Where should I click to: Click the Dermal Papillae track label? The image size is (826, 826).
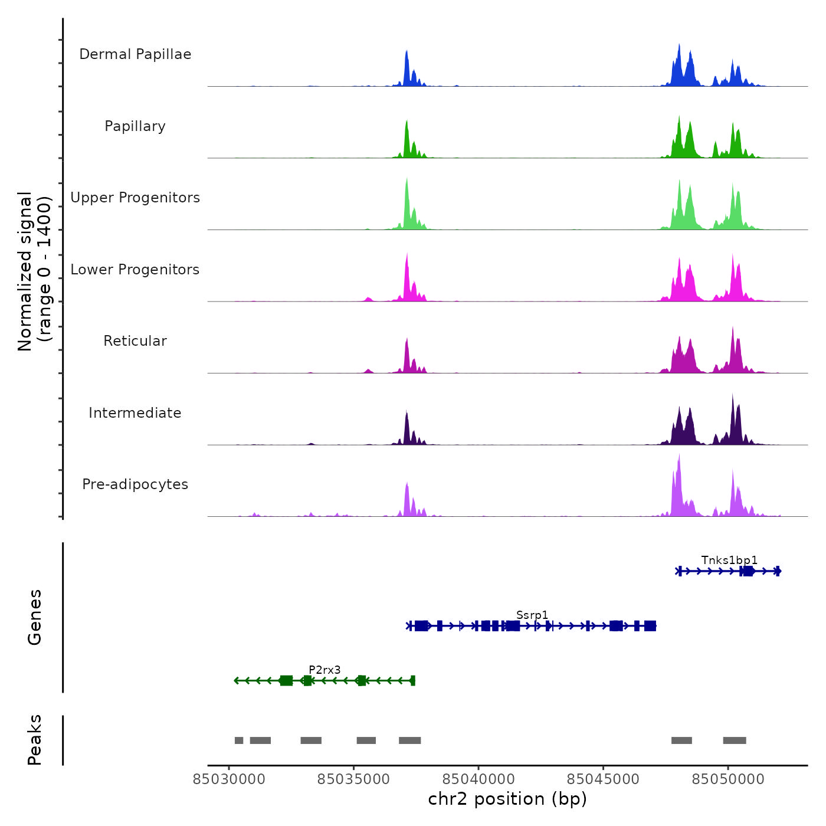click(135, 54)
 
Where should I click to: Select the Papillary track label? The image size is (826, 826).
click(135, 126)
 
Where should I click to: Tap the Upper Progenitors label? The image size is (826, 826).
click(135, 198)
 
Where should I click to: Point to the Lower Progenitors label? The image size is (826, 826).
click(135, 270)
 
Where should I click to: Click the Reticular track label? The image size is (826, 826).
click(135, 341)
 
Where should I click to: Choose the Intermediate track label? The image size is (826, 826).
click(135, 413)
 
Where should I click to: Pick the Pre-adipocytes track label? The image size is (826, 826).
click(135, 484)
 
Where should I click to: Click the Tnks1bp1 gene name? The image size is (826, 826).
click(729, 560)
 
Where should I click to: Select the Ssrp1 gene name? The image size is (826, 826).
click(532, 615)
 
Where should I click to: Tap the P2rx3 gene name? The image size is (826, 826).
click(324, 670)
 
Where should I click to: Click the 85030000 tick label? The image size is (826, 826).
click(230, 779)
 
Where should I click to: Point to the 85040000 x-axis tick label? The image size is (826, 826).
click(478, 779)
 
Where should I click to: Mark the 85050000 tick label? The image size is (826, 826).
click(728, 779)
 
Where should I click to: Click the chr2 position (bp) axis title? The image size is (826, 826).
click(507, 799)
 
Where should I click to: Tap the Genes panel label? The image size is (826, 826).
click(35, 617)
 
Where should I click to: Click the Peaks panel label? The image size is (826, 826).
click(35, 740)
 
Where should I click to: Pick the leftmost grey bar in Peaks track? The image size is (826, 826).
click(239, 740)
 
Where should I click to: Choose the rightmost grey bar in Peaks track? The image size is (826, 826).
click(735, 740)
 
